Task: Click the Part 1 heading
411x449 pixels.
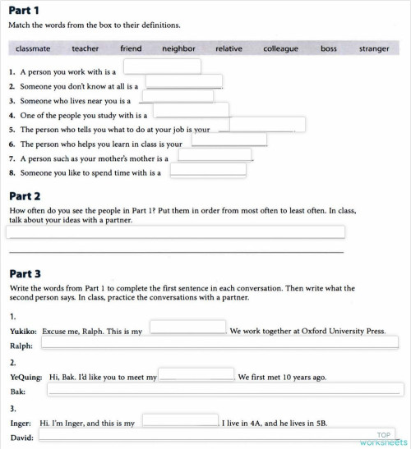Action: (25, 10)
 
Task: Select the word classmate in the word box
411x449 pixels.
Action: (33, 48)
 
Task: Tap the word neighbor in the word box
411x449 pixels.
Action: (178, 48)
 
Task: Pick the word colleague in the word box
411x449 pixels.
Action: (280, 48)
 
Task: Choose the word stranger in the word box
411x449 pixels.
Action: (374, 48)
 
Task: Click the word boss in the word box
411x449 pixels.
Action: (329, 48)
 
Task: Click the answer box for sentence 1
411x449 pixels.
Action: (162, 66)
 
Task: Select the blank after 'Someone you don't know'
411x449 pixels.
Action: (184, 81)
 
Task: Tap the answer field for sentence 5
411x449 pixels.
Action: (267, 125)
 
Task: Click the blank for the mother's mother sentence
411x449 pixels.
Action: (215, 154)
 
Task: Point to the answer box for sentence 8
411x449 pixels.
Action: (207, 170)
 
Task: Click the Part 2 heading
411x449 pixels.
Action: (25, 196)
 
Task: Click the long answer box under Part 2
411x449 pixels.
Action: (175, 231)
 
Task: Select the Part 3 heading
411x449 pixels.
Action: (25, 273)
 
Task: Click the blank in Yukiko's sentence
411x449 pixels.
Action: (187, 327)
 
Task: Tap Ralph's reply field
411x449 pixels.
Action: (219, 342)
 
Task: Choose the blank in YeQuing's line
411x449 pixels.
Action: (196, 374)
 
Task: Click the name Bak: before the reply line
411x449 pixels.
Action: (18, 392)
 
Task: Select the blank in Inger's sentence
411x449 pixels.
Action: (180, 420)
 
